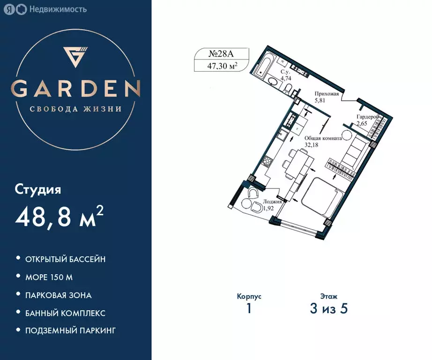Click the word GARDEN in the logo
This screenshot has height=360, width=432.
click(76, 89)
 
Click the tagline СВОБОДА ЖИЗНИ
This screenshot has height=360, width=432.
click(75, 109)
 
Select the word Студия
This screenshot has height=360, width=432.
click(38, 190)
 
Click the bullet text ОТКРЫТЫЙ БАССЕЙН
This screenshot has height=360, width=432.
click(66, 259)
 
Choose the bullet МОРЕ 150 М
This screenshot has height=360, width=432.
click(49, 277)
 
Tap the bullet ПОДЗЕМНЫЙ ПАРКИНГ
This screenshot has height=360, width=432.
click(71, 331)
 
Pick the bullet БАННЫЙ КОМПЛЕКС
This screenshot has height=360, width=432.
click(66, 313)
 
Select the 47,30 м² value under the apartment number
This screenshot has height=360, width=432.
click(222, 66)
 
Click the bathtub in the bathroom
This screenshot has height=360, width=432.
click(260, 67)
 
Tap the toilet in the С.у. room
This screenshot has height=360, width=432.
click(273, 84)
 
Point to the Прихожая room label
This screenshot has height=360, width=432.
click(327, 94)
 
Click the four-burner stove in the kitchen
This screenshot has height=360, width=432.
click(268, 163)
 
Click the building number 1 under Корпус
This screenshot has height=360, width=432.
click(249, 309)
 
